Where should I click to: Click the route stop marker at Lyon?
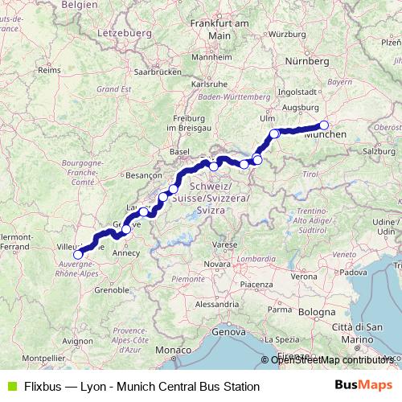78,256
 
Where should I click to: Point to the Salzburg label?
376,151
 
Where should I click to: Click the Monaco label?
170,351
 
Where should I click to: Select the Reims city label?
49,71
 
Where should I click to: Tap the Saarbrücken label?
158,71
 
